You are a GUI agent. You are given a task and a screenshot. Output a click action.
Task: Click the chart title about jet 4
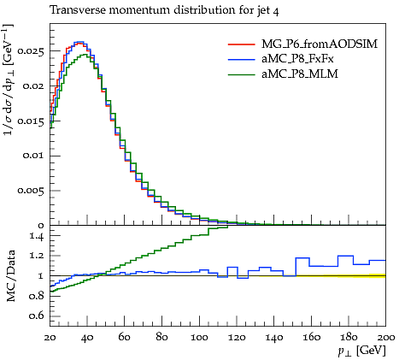164,10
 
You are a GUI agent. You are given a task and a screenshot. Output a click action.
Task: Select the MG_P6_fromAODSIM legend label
320,44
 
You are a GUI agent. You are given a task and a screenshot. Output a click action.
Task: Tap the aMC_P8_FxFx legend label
297,59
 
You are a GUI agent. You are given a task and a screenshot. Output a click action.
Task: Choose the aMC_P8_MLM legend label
300,74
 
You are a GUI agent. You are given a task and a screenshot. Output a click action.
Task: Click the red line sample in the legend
241,44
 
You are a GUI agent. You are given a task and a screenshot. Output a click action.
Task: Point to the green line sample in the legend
241,74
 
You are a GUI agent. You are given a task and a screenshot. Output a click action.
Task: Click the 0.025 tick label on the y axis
31,51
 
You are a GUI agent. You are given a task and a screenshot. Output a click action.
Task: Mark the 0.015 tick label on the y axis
31,121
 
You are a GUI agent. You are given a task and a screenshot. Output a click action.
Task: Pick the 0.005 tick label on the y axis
31,191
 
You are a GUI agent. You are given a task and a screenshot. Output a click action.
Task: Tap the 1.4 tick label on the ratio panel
37,236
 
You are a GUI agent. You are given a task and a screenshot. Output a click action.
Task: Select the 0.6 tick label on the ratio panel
37,316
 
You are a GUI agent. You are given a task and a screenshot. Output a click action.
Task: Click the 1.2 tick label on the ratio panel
37,256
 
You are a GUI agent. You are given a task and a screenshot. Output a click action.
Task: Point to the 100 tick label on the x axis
199,338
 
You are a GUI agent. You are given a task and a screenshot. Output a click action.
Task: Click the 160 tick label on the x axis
311,338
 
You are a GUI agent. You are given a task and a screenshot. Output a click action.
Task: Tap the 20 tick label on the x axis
50,338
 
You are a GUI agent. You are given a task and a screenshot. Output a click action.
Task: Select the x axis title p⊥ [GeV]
361,351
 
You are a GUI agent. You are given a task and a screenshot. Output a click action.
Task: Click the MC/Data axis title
10,275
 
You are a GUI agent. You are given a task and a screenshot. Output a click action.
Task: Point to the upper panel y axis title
9,80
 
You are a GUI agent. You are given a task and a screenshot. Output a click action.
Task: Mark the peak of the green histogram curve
85,54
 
